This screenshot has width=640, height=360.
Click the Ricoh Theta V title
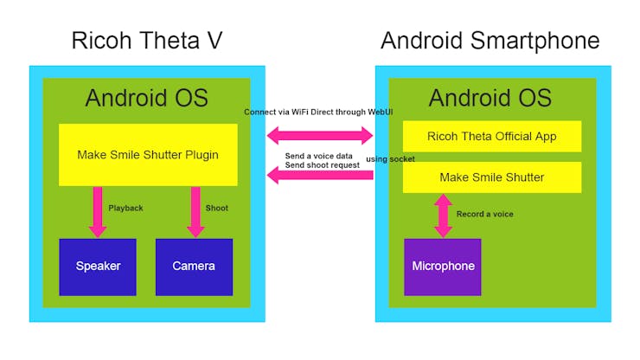click(146, 41)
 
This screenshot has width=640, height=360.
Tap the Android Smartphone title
click(490, 41)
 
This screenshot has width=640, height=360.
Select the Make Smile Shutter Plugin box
click(148, 155)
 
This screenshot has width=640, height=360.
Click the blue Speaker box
click(98, 267)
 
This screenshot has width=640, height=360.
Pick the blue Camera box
click(194, 267)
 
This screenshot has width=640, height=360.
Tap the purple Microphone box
click(442, 267)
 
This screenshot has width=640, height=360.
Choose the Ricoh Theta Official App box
click(491, 136)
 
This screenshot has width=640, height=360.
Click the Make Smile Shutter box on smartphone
click(491, 177)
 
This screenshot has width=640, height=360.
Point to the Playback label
click(125, 209)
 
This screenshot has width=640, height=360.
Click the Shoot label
click(217, 209)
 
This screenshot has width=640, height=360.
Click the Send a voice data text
click(319, 155)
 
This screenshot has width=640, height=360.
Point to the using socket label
click(390, 159)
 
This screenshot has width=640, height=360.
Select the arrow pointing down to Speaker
click(98, 211)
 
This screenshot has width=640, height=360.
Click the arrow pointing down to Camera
click(195, 211)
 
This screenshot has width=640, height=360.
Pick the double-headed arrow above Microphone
click(443, 215)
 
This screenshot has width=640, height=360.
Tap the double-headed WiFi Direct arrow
click(319, 135)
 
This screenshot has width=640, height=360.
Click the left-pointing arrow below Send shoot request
click(319, 176)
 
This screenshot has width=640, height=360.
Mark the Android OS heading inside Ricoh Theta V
click(146, 98)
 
